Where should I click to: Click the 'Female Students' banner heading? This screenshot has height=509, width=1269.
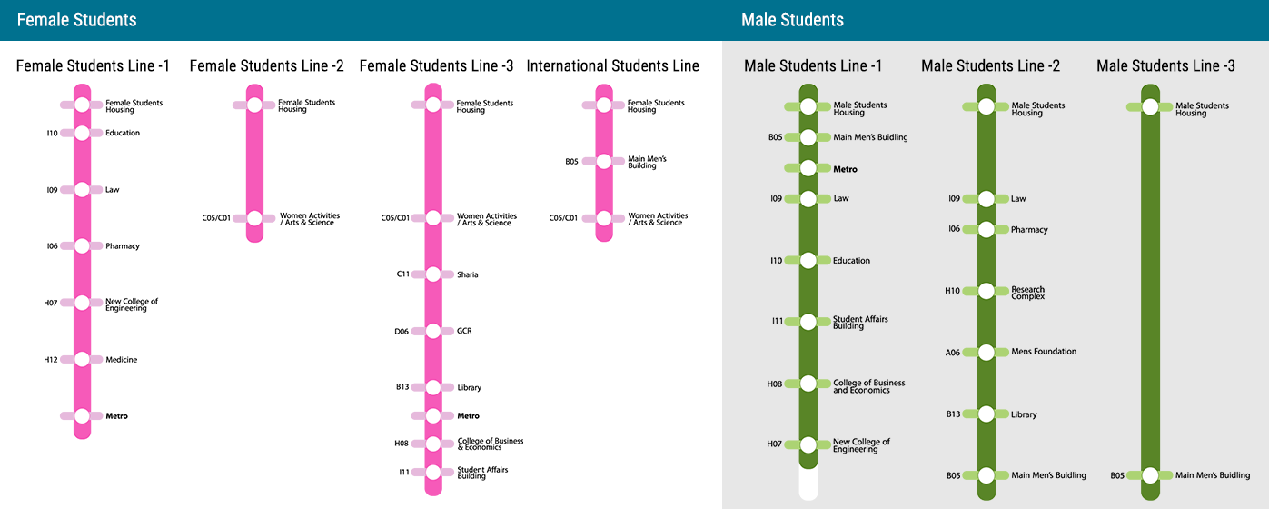coord(76,20)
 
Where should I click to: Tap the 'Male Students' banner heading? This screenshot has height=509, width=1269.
coord(792,20)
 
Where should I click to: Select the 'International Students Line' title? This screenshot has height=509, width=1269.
coord(612,65)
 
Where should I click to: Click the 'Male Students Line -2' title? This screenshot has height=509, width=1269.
coord(990,65)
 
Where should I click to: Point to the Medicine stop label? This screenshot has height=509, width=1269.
coord(121,360)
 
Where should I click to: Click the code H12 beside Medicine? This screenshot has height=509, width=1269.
coord(51,360)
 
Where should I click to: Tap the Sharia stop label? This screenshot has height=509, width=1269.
coord(468,274)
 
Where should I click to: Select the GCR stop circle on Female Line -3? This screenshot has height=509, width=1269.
coord(433,331)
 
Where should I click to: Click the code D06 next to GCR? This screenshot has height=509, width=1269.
coord(402,332)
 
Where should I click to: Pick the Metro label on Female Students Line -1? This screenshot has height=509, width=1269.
coord(116,416)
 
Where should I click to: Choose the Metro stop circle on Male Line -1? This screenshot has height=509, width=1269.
coord(808,167)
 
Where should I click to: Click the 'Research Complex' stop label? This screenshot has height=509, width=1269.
coord(1027,293)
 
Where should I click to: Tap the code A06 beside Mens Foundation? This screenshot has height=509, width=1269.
coord(953,352)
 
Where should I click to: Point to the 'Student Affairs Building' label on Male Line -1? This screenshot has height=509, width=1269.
coord(860,323)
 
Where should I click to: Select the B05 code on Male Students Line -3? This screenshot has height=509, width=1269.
coord(1117,475)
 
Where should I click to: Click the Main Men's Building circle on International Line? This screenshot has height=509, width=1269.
coord(604,162)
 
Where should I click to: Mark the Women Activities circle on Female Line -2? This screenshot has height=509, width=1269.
coord(254,218)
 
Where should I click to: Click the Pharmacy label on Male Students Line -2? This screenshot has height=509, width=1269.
coord(1029,230)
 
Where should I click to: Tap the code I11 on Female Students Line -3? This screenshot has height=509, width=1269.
coord(404,472)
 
